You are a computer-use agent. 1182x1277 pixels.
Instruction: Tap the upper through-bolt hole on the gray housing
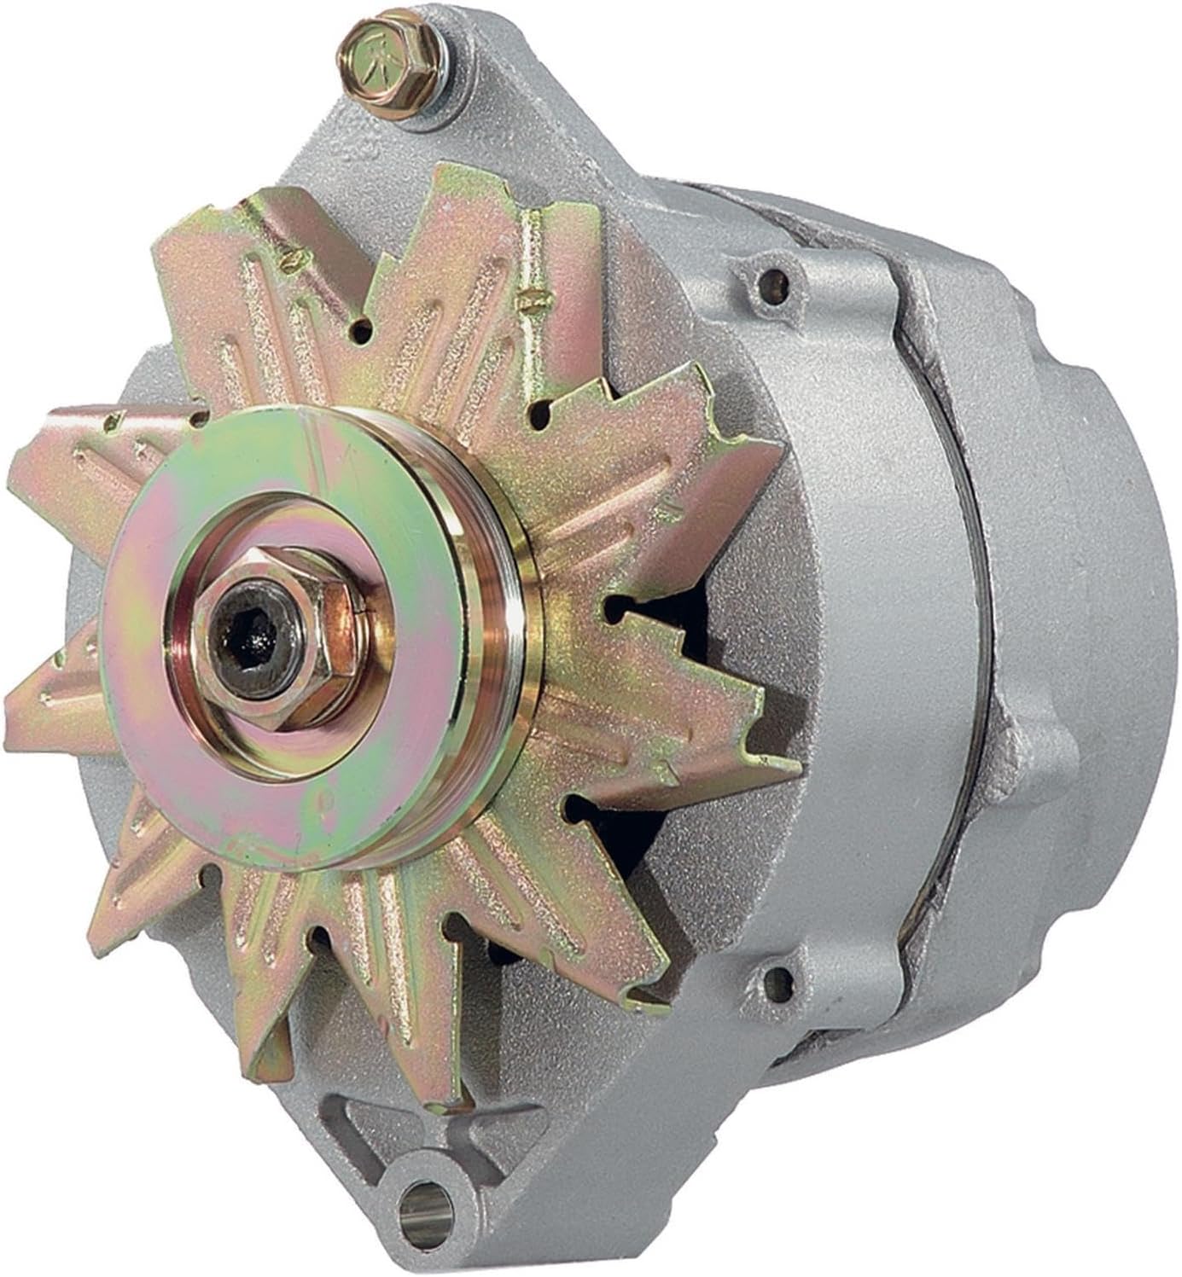pos(773,278)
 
